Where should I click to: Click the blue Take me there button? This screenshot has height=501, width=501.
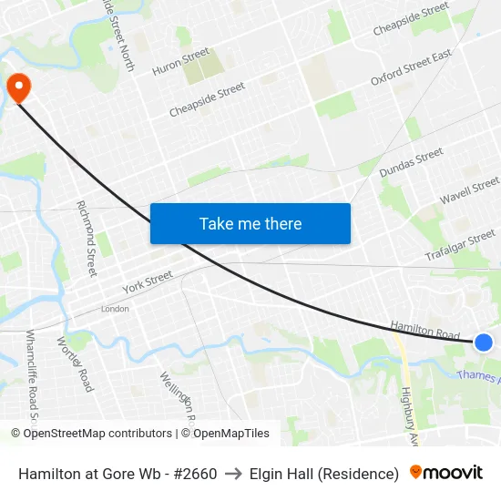pyautogui.click(x=250, y=223)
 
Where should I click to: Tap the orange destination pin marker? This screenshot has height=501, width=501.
pyautogui.click(x=18, y=87)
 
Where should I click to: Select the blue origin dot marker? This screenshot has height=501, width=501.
pyautogui.click(x=484, y=343)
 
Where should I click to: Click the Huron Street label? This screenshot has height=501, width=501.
pyautogui.click(x=180, y=62)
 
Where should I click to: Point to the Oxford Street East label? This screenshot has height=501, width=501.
pyautogui.click(x=411, y=68)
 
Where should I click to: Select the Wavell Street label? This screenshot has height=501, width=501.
pyautogui.click(x=469, y=191)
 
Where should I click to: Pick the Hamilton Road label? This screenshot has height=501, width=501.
pyautogui.click(x=424, y=330)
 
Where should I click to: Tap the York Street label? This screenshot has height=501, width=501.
pyautogui.click(x=147, y=281)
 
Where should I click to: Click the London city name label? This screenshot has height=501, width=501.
pyautogui.click(x=115, y=309)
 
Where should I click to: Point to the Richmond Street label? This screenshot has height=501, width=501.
pyautogui.click(x=87, y=239)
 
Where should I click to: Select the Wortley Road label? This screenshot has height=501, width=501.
pyautogui.click(x=75, y=363)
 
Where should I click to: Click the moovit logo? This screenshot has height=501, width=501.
pyautogui.click(x=445, y=473)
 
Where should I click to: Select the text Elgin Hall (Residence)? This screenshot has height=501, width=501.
pyautogui.click(x=324, y=474)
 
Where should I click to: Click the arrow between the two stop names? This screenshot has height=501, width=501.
pyautogui.click(x=233, y=474)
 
